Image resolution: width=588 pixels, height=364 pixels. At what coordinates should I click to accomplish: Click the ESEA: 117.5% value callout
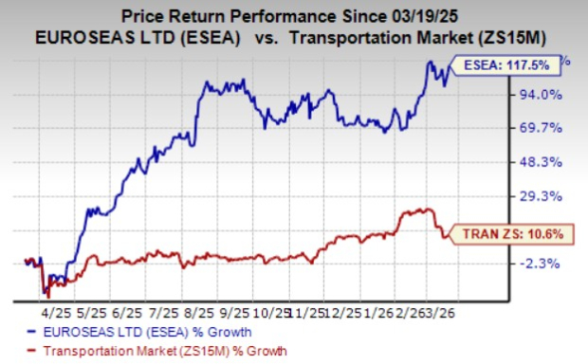(511, 65)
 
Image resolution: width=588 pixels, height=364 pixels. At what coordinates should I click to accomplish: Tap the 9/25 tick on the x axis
(234, 310)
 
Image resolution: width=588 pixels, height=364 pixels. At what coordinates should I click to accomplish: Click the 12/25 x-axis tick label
(343, 310)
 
